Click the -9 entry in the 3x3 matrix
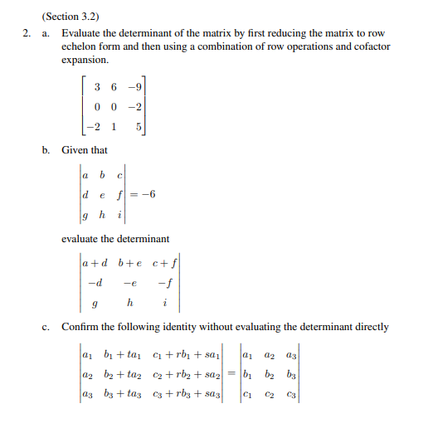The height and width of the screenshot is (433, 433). pos(138,87)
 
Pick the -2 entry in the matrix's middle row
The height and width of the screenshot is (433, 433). pos(138,107)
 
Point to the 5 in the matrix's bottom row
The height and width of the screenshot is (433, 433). pos(141,128)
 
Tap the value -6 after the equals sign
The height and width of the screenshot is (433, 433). pos(148,195)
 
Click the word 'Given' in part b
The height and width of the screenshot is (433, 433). pos(75,149)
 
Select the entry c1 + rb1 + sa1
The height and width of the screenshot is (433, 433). pos(186,355)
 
